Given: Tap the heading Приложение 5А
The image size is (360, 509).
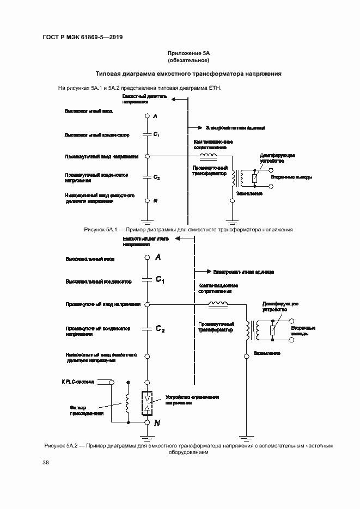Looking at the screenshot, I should coord(188,53).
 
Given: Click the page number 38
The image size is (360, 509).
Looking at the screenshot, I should coord(46,463).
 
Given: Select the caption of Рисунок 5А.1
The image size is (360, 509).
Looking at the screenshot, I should coord(188,230).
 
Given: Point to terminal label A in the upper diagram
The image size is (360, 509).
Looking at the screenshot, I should coord(155,116).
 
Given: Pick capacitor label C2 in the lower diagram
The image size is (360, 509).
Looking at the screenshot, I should coord(160,329).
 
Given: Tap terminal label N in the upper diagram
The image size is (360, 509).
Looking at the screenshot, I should coord(155,201).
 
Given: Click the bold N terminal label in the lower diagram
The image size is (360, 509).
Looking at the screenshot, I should coord(157,422).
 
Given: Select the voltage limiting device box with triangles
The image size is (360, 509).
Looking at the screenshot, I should coord(147,403).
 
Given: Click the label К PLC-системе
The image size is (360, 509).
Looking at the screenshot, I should coord(77,382).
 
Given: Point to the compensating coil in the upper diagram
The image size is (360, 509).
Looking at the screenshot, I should coord(208,156).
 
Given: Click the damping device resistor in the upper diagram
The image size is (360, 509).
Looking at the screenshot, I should coord(254,177).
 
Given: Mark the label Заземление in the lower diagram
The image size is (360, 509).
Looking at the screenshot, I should coord(267,353).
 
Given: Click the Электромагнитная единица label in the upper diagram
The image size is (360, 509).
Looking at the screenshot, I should coord(235,127).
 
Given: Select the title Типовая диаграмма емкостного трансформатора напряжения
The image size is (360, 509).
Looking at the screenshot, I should coord(188,73).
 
